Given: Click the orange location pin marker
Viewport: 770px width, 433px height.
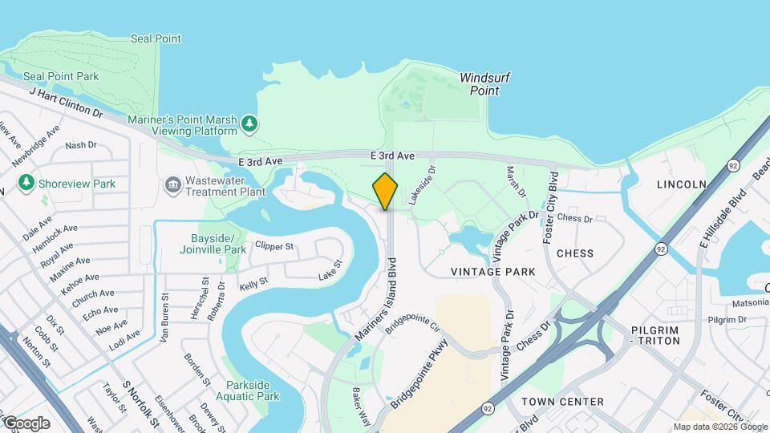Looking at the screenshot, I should tap(385, 191).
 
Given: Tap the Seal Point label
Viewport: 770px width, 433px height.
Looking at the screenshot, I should tap(156, 38).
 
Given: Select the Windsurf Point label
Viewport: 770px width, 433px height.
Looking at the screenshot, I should tap(484, 84).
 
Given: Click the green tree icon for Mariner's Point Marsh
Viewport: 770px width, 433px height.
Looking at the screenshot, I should tap(249, 123).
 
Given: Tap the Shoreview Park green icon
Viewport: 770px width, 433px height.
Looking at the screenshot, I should tap(26, 184).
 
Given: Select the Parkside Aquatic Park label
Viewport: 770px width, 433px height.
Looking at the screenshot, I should tap(252, 391).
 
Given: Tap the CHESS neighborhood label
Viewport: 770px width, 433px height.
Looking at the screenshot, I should tap(575, 253).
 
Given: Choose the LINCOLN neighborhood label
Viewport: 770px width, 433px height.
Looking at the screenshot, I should tap(681, 184).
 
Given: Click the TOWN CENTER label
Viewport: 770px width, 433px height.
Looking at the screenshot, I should tap(562, 401).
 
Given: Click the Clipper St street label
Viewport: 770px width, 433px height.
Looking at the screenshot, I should tap(274, 246).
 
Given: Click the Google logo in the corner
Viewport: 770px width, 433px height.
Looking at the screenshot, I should tap(26, 423).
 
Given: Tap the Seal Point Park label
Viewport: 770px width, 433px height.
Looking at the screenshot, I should tap(61, 76).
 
